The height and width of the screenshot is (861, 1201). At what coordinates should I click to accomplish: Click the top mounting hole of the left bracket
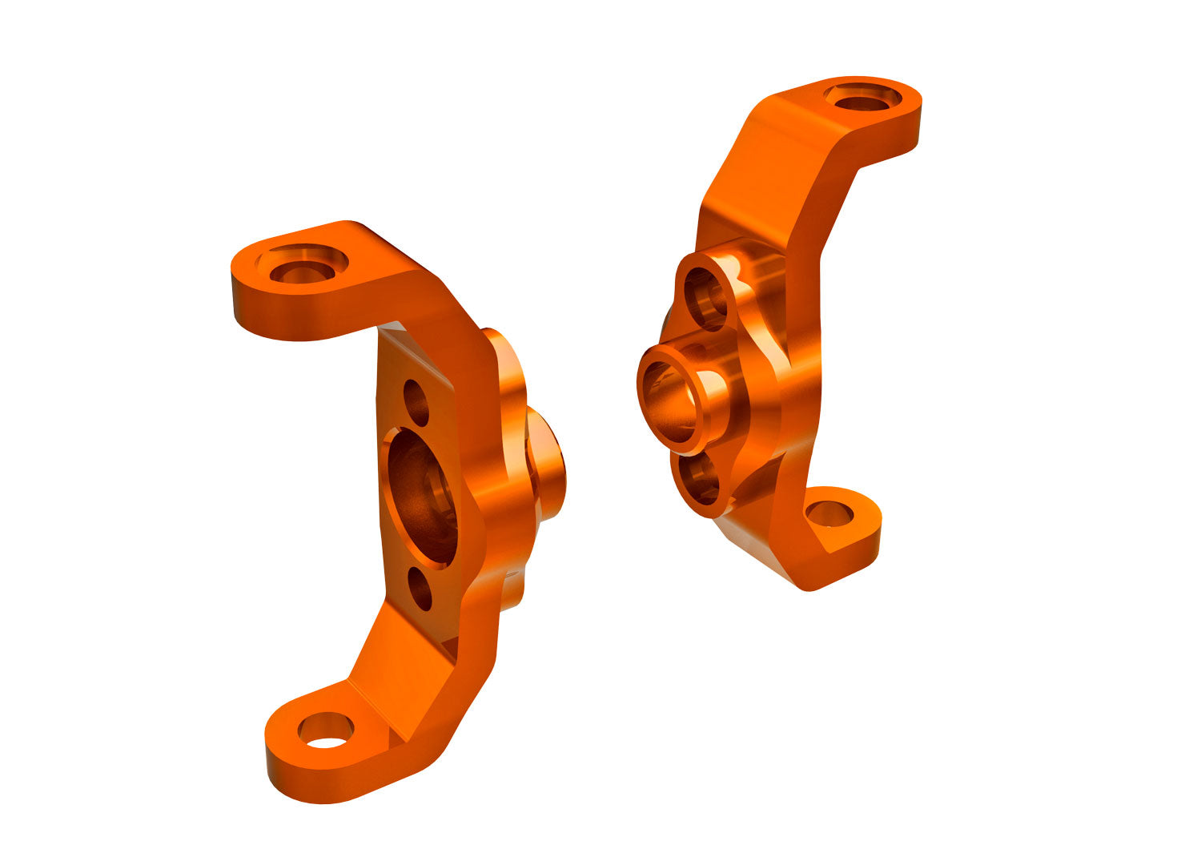click(302, 268)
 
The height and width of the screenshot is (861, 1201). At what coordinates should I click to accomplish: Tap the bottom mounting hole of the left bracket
click(325, 730)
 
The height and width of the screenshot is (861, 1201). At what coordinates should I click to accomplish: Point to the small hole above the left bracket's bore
click(416, 402)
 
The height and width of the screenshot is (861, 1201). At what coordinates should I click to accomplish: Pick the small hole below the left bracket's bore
click(420, 589)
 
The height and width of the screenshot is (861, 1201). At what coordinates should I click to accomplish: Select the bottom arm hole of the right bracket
click(829, 513)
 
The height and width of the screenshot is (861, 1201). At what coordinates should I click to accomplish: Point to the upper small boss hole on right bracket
click(706, 299)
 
